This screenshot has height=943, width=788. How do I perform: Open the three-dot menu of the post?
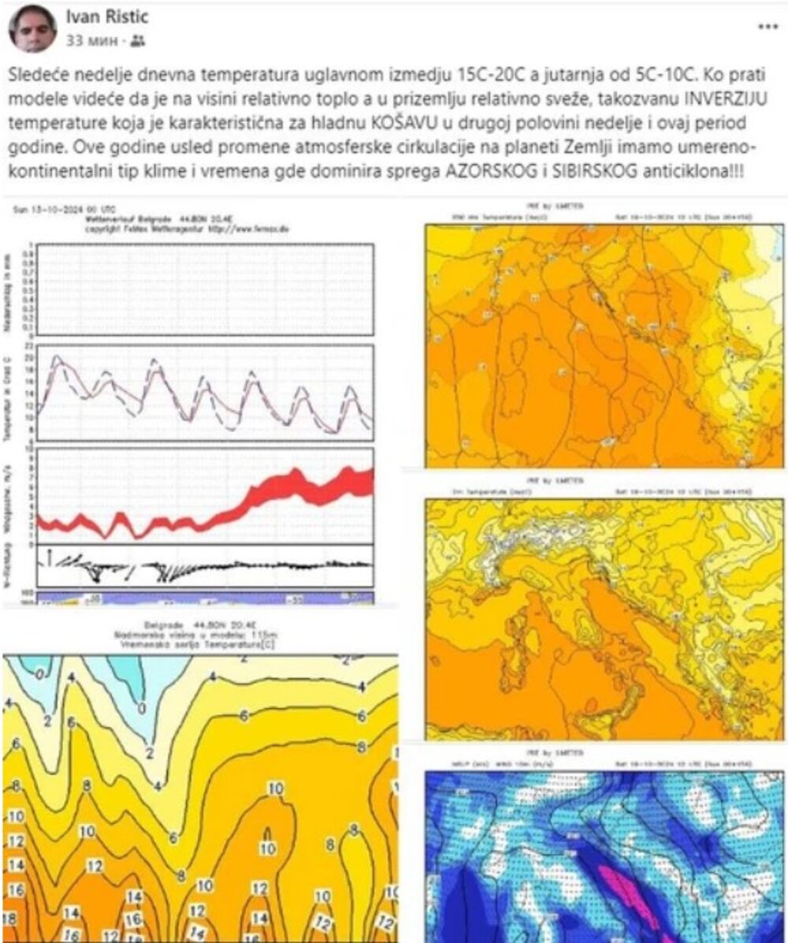(768, 27)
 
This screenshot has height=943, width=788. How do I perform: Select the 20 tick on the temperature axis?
(29, 358)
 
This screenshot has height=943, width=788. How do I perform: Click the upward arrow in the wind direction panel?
(49, 557)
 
